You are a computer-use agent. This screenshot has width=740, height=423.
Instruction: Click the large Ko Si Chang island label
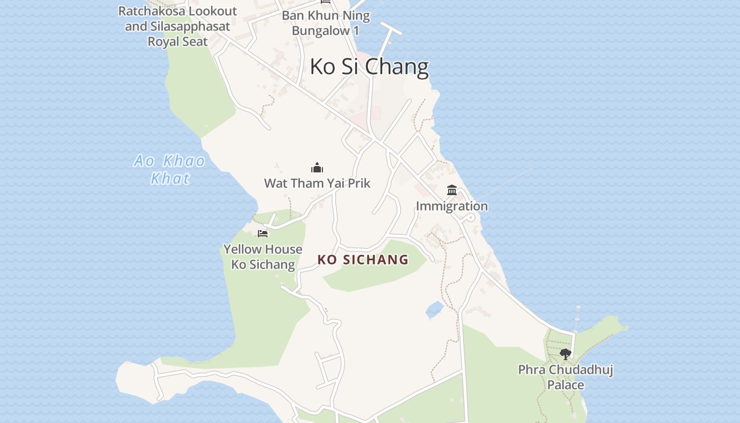click(x=369, y=67)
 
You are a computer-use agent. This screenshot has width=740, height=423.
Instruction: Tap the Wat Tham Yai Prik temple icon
click(x=317, y=168)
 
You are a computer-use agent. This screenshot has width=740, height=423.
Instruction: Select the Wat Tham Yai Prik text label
click(x=317, y=183)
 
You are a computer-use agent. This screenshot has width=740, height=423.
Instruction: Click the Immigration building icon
click(x=452, y=190)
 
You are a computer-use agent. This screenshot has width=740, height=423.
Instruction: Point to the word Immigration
click(x=452, y=206)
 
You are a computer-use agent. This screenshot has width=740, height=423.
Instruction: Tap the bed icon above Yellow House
click(x=263, y=233)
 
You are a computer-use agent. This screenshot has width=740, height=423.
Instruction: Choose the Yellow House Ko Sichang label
click(x=263, y=256)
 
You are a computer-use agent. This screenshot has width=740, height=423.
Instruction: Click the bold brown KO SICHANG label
click(x=363, y=260)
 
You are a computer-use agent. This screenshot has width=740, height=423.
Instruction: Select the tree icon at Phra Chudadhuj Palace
click(x=566, y=354)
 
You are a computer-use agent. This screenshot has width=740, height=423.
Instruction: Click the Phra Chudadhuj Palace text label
click(x=566, y=377)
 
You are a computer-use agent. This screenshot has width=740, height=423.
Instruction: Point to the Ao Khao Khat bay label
click(x=170, y=169)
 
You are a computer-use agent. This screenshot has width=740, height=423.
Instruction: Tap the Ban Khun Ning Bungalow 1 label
click(x=326, y=23)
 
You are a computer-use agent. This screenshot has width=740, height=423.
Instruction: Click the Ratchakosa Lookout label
click(x=178, y=26)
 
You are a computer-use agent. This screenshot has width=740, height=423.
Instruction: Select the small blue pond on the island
click(x=434, y=309)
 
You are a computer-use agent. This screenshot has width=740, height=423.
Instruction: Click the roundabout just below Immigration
click(x=471, y=217)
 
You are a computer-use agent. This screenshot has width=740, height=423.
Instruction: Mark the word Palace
click(x=566, y=385)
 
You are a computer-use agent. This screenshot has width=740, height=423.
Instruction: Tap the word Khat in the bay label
click(x=170, y=179)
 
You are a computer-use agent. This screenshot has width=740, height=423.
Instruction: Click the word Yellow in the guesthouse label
click(x=243, y=249)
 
